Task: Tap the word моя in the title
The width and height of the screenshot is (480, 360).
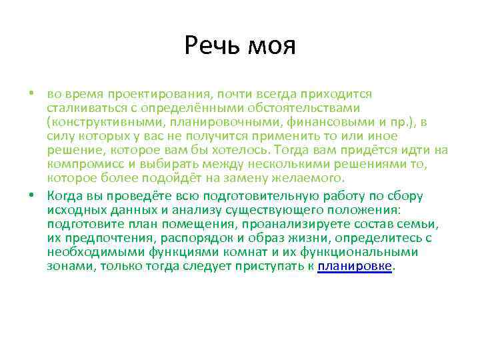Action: click(x=271, y=47)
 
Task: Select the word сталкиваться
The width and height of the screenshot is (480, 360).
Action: click(x=84, y=108)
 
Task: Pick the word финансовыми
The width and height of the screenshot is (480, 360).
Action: click(x=329, y=122)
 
